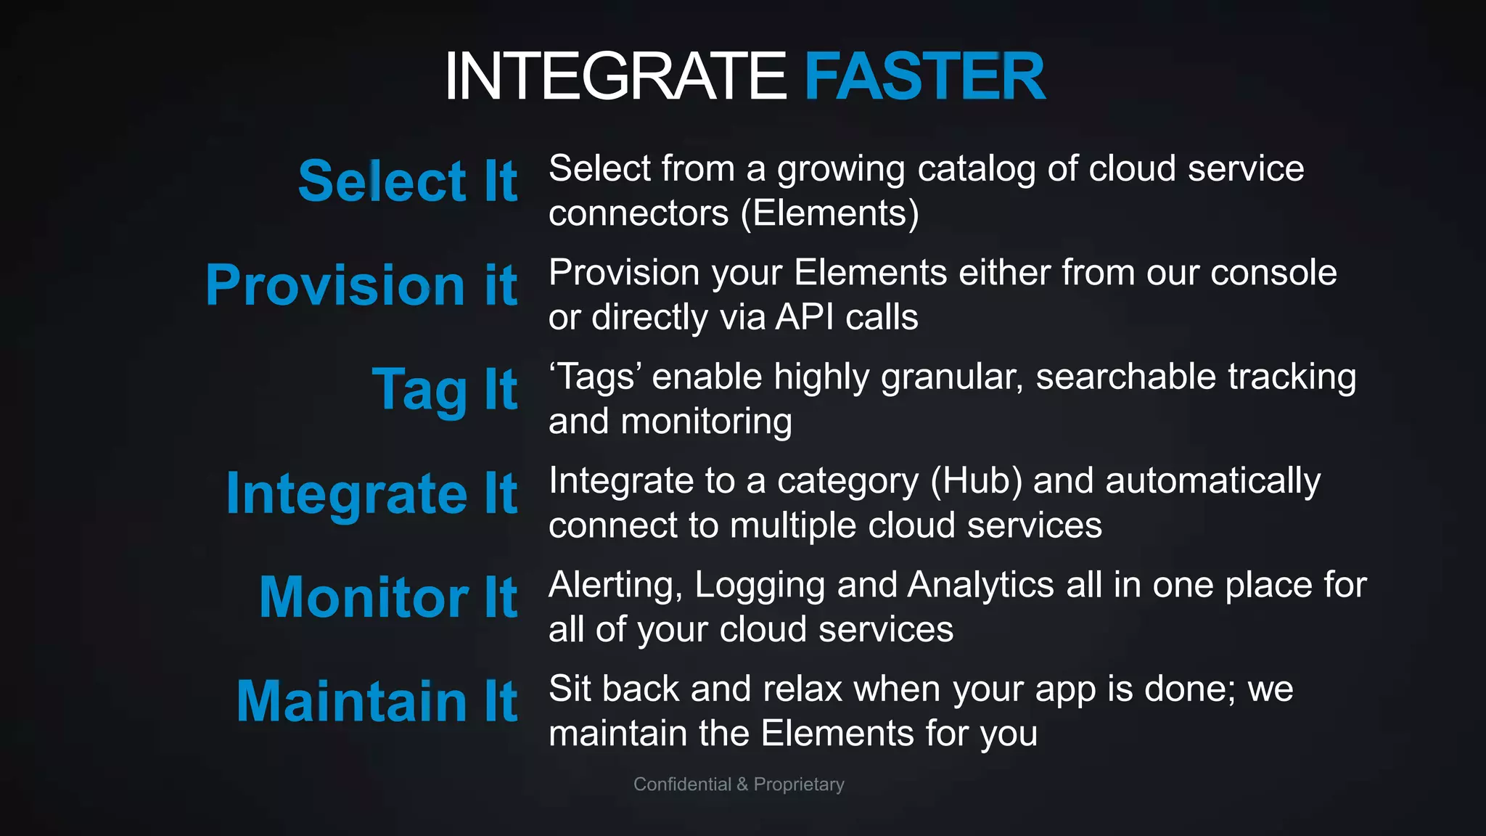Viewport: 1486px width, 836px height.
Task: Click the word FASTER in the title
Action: pyautogui.click(x=924, y=75)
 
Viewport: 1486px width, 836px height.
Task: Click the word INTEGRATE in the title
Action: pyautogui.click(x=615, y=75)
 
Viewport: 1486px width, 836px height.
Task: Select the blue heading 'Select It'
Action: pyautogui.click(x=408, y=181)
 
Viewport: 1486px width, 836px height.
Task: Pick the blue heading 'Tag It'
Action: pyautogui.click(x=445, y=390)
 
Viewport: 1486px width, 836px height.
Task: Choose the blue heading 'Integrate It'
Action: pyautogui.click(x=371, y=493)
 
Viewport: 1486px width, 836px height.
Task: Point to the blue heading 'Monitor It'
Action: pyautogui.click(x=388, y=597)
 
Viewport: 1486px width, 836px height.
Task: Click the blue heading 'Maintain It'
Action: pyautogui.click(x=377, y=701)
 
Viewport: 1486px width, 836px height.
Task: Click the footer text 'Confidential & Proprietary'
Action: pyautogui.click(x=739, y=784)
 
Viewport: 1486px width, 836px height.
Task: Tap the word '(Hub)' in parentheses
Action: pyautogui.click(x=976, y=481)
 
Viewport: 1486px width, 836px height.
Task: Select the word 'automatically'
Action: pyautogui.click(x=1212, y=482)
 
